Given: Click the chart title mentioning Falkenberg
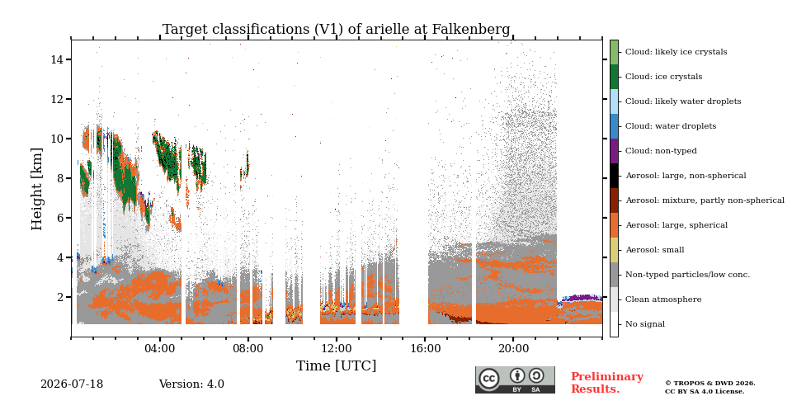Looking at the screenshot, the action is (x=336, y=30).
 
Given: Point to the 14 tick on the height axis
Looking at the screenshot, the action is (x=57, y=59).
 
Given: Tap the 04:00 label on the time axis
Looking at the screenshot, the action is (x=159, y=348).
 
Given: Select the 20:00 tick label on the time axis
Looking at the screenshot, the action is (x=514, y=348).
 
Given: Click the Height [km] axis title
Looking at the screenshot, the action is (x=37, y=189).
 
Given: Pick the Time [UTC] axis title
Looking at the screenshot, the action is (x=336, y=365).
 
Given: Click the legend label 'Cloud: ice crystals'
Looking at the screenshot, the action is (x=663, y=77).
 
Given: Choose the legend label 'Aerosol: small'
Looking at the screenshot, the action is (x=654, y=250).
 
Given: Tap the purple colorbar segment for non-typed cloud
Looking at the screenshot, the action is (x=614, y=151).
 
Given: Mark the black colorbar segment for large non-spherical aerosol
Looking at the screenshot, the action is (x=614, y=176).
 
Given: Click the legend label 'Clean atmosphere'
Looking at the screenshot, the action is (x=663, y=299).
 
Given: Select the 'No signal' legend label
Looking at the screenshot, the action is (x=645, y=324).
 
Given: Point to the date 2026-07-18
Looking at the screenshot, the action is (x=72, y=384).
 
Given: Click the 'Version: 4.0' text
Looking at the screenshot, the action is (x=191, y=384).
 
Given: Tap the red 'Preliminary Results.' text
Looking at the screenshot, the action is (x=607, y=383).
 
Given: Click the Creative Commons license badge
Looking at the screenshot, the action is (x=515, y=379).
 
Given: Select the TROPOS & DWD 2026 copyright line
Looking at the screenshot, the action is (x=710, y=384).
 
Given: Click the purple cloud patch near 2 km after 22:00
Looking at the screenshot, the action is (x=581, y=298).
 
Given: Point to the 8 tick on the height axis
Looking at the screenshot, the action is (x=59, y=178).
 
